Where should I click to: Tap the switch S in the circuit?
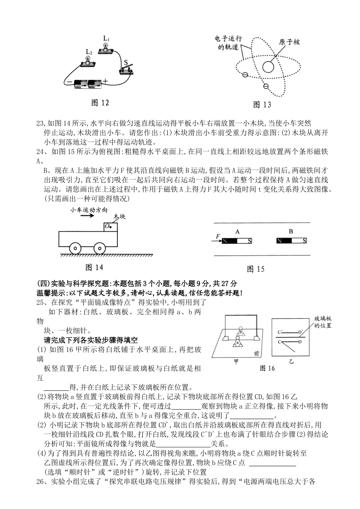(x=126, y=69)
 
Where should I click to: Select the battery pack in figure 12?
(x=88, y=84)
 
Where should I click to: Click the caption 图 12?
(x=100, y=102)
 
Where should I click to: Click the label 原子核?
(x=289, y=42)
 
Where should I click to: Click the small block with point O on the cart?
(x=111, y=226)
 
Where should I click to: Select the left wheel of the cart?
(x=75, y=249)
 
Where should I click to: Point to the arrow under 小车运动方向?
(x=87, y=216)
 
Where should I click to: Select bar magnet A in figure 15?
(x=237, y=241)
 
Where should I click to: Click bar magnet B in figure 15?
(x=291, y=241)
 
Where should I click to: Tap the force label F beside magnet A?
(x=218, y=237)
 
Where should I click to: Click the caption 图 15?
(x=255, y=269)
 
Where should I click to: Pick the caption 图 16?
(x=267, y=368)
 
